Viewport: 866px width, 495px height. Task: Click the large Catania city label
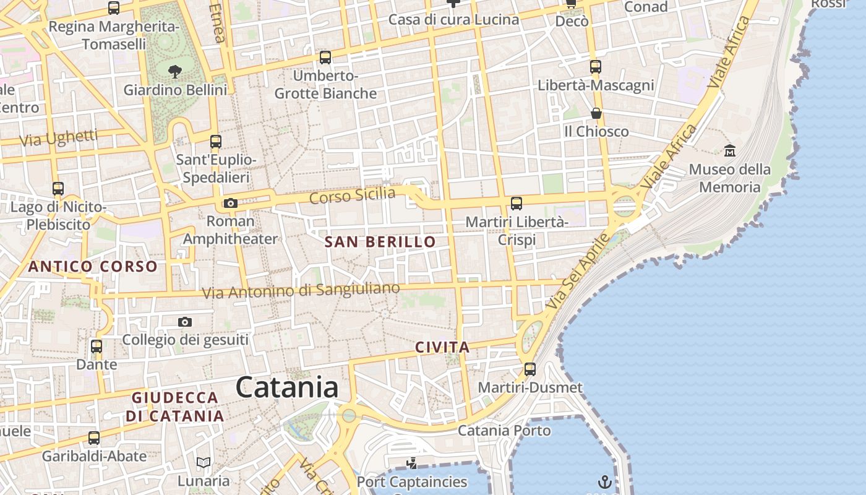pos(287,388)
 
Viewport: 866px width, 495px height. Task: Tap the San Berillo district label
pos(380,242)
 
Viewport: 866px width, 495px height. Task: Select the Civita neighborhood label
pos(442,347)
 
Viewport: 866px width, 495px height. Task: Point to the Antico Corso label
pos(93,267)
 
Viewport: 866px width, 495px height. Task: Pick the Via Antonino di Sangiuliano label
pos(302,290)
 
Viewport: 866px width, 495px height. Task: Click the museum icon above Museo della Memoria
pos(730,150)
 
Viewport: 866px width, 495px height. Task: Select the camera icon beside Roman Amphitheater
pos(230,203)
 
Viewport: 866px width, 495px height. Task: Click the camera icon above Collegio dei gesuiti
pos(184,322)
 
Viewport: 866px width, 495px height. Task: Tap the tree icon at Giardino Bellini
pos(175,72)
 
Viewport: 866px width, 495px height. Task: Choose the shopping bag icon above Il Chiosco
pos(596,113)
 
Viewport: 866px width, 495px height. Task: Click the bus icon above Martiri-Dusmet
pos(530,369)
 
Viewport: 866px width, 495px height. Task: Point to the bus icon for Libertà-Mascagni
pos(596,67)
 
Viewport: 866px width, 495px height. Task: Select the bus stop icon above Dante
pos(96,346)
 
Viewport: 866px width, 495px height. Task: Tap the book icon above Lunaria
pos(204,463)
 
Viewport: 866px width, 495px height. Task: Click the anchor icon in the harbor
pos(604,481)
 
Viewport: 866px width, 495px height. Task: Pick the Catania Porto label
pos(504,431)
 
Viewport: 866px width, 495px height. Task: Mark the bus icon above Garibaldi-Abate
pos(94,438)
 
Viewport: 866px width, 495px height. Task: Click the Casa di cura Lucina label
pos(453,20)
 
